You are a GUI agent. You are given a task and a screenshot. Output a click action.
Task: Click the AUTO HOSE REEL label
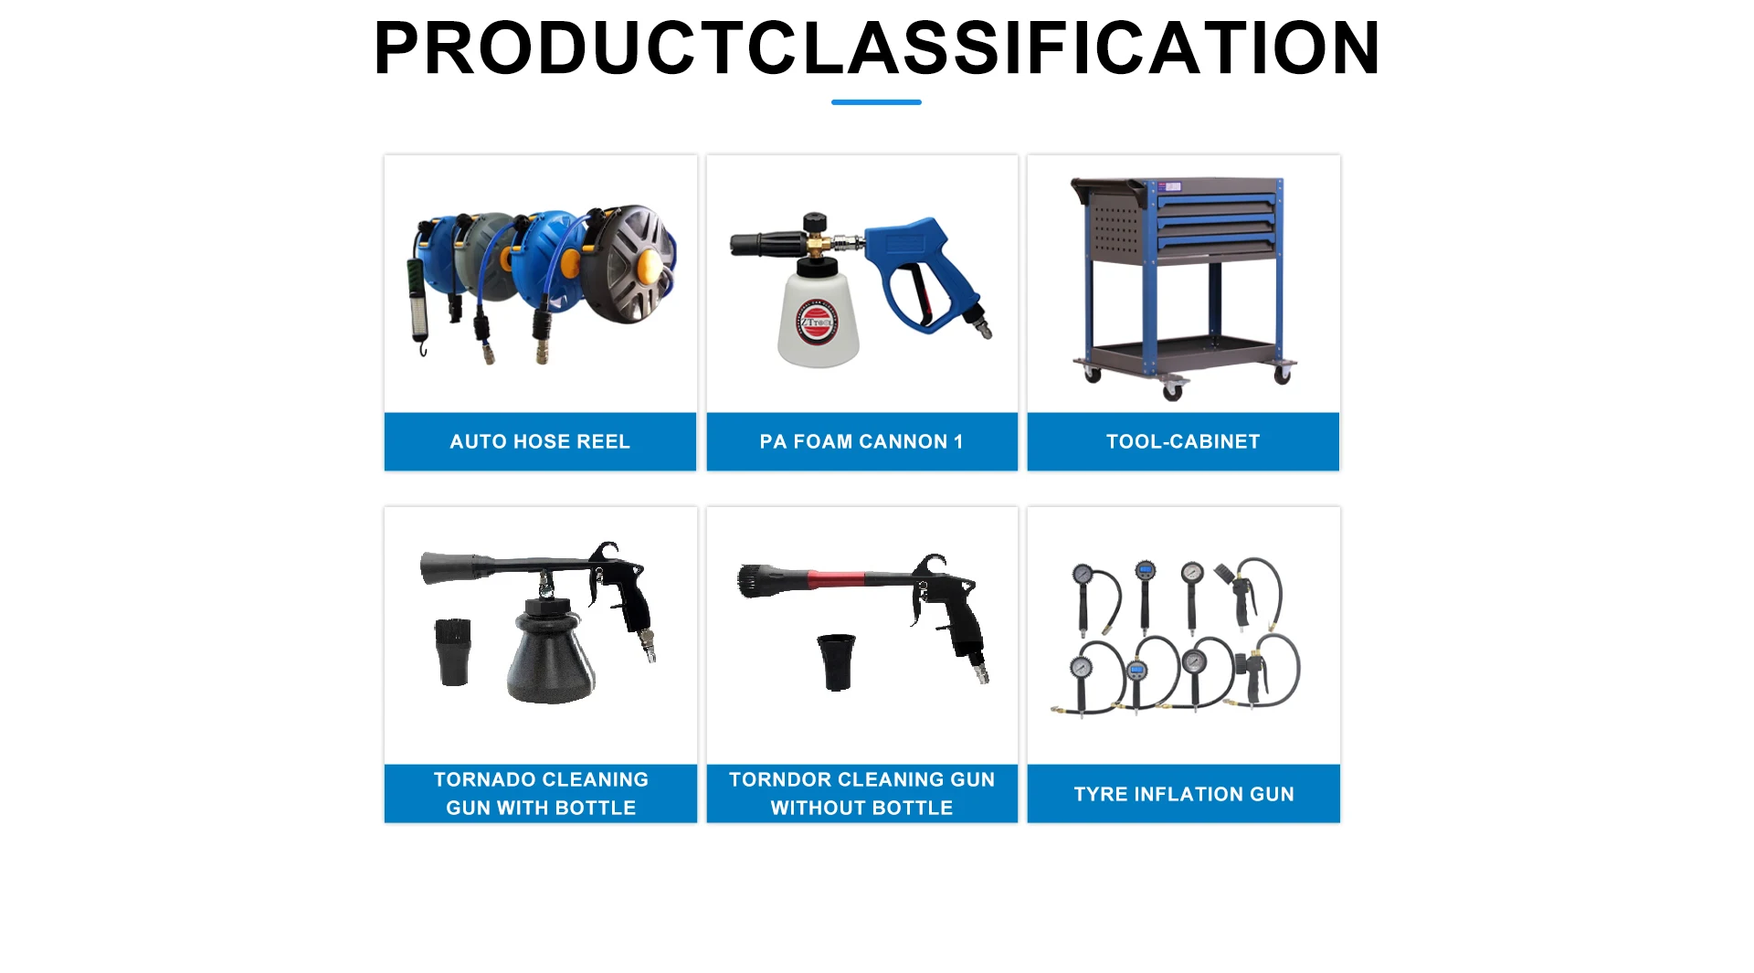pyautogui.click(x=540, y=441)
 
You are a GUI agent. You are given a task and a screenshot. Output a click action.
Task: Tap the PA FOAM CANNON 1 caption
pyautogui.click(x=861, y=441)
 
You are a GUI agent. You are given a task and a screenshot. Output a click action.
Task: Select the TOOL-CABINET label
pyautogui.click(x=1183, y=441)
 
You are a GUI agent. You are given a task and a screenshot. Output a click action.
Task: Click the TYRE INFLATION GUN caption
pyautogui.click(x=1184, y=794)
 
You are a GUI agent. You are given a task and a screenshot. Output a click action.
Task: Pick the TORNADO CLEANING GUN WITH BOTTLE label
pyautogui.click(x=541, y=793)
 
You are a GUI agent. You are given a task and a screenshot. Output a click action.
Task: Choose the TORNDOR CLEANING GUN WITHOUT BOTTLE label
pyautogui.click(x=861, y=793)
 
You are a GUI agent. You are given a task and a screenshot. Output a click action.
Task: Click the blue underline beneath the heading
pyautogui.click(x=876, y=102)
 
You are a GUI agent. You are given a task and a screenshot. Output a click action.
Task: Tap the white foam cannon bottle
pyautogui.click(x=819, y=315)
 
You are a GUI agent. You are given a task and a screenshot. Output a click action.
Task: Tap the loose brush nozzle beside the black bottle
pyautogui.click(x=452, y=651)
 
